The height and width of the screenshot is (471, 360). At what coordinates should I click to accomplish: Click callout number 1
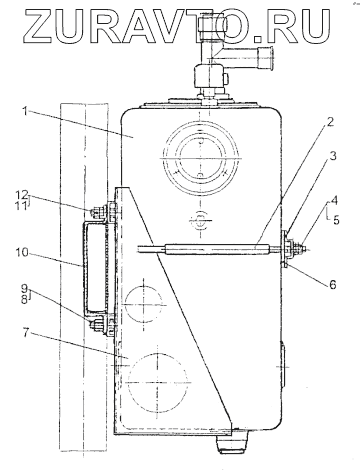[24, 111]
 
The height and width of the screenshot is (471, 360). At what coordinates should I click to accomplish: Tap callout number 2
[329, 122]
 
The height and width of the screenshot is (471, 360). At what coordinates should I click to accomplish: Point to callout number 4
[335, 201]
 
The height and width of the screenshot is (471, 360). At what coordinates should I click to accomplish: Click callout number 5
[335, 220]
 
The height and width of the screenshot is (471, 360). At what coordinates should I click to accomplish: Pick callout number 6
[332, 284]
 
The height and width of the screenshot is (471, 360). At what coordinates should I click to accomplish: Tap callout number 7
[27, 333]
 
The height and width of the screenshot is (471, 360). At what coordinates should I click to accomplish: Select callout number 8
[24, 300]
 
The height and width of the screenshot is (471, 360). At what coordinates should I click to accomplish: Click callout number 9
[24, 288]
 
